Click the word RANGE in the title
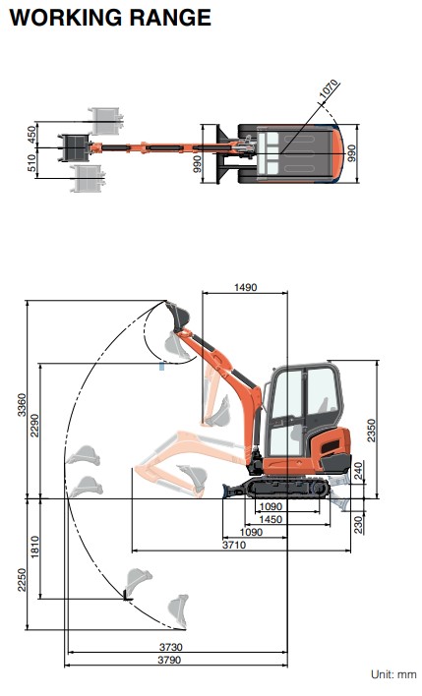click(170, 18)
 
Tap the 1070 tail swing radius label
click(330, 89)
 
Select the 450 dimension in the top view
click(31, 135)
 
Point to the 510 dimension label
click(31, 163)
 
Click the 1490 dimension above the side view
click(245, 287)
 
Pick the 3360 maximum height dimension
click(22, 405)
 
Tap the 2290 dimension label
click(34, 426)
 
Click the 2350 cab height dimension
click(371, 431)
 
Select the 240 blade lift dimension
click(358, 471)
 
